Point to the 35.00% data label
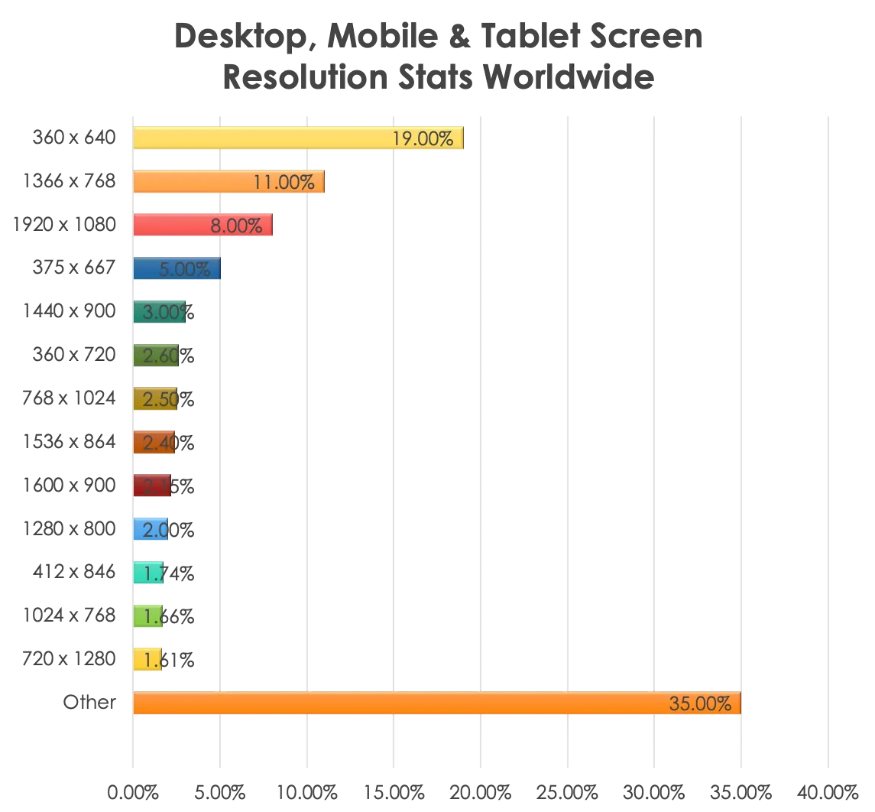click(700, 703)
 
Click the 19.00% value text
click(423, 138)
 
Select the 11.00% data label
click(284, 182)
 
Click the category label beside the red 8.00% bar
click(65, 226)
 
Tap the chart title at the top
click(437, 56)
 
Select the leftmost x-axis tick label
click(131, 791)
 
